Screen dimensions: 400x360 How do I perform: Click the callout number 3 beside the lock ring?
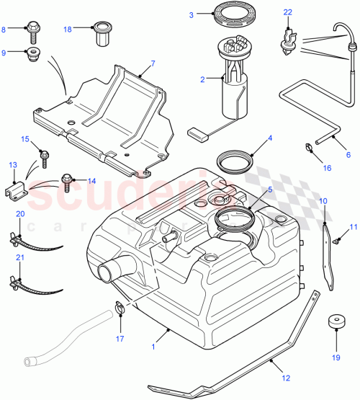pyautogui.click(x=191, y=15)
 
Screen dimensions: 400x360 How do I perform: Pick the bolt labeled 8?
pyautogui.click(x=35, y=30)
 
